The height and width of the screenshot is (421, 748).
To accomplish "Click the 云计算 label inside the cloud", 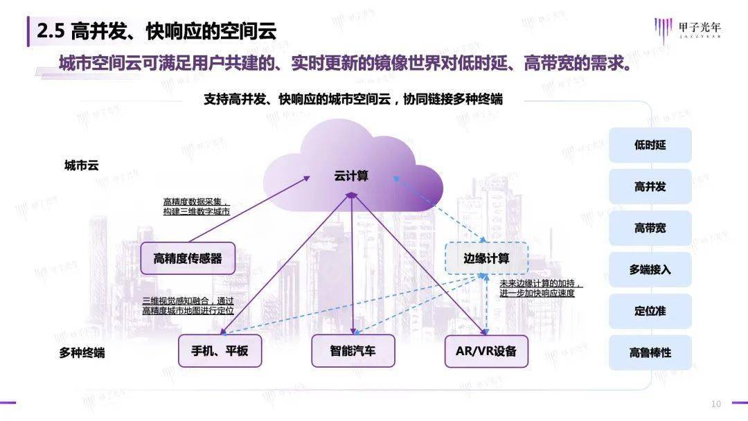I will click(351, 176).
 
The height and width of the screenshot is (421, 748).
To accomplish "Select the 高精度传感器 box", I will click(188, 259).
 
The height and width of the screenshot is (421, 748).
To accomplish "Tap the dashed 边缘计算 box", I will click(486, 259).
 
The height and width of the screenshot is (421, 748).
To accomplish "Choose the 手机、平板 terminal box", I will click(220, 351).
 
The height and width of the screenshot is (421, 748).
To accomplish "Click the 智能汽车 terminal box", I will click(353, 351).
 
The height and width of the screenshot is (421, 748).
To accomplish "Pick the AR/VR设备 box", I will click(486, 351).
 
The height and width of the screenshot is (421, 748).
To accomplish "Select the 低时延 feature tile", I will click(650, 145).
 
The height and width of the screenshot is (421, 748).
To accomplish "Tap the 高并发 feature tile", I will click(650, 187).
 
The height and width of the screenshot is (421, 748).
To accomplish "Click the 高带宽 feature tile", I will click(650, 229).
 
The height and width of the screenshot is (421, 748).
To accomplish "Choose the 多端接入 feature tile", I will click(650, 270).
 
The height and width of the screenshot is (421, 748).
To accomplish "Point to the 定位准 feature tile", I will click(650, 312).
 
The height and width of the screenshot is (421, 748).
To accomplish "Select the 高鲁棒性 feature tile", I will click(650, 353).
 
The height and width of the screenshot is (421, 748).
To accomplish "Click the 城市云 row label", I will click(81, 165).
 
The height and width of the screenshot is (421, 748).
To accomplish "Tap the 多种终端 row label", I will click(82, 352).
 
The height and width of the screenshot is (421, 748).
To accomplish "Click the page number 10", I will click(716, 404).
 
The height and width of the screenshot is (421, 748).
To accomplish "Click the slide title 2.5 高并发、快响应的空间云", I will click(156, 31).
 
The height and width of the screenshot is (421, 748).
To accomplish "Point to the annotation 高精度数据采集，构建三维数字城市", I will click(196, 206).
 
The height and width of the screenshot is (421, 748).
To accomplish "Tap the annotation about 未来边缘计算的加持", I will click(542, 289).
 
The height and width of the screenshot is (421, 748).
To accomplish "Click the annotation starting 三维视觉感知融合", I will click(188, 306).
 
